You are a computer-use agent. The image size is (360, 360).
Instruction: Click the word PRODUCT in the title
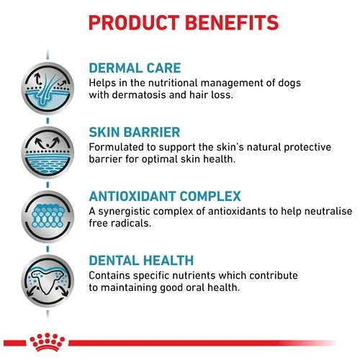(x=134, y=22)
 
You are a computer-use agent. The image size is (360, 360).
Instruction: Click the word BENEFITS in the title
(x=232, y=22)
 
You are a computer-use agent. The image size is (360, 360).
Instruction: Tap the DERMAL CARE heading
(x=135, y=68)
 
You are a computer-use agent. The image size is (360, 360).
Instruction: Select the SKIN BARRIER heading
(x=135, y=132)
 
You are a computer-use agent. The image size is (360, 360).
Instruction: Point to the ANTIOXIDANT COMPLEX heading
(x=165, y=197)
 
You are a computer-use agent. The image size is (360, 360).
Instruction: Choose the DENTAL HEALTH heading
(x=141, y=261)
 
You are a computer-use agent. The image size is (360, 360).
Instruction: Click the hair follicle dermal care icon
(x=48, y=89)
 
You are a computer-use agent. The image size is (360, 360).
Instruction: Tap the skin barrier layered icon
(x=48, y=153)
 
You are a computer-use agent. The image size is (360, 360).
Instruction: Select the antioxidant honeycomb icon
(x=48, y=217)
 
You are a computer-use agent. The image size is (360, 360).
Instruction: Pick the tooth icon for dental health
(x=48, y=281)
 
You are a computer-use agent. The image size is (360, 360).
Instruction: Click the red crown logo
(x=48, y=342)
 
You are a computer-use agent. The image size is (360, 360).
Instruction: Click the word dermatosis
(x=139, y=95)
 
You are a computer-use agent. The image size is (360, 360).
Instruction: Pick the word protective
(x=307, y=148)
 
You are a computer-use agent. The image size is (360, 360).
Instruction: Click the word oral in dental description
(x=196, y=287)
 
